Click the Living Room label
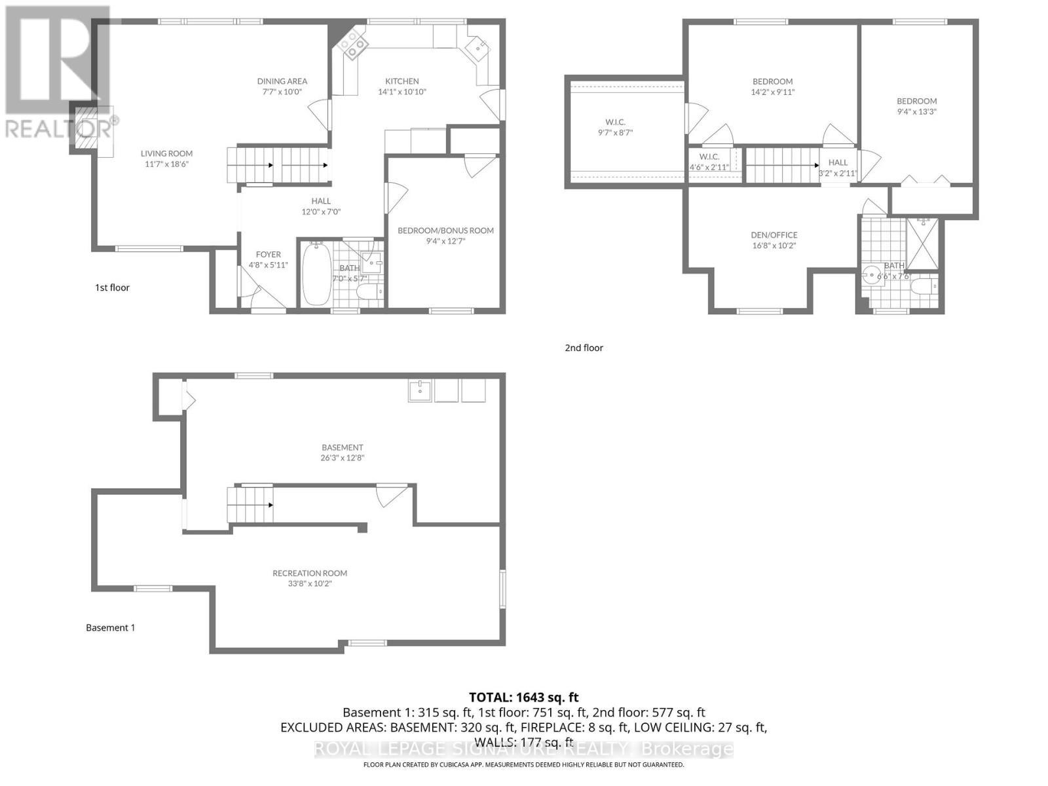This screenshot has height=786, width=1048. tap(166, 154)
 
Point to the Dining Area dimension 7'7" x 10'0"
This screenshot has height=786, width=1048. tap(282, 92)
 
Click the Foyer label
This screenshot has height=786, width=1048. tap(268, 255)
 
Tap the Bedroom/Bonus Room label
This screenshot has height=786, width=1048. tap(445, 231)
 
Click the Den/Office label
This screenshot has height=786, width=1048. tap(774, 235)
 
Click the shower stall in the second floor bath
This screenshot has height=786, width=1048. tap(922, 243)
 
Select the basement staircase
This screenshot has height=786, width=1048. tap(250, 504)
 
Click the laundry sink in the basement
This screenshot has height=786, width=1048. tap(420, 391)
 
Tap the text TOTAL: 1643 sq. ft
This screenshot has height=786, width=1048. tap(523, 698)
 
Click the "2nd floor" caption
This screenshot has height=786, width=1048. tap(584, 348)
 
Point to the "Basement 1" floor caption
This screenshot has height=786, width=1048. tap(111, 627)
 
